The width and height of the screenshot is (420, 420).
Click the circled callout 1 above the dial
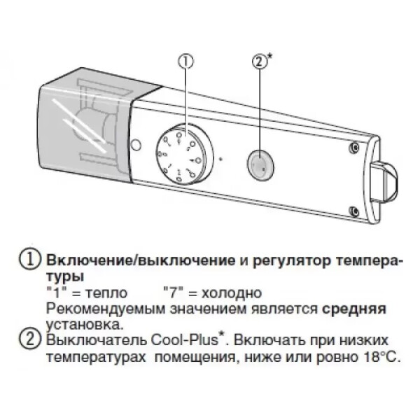tap(186, 62)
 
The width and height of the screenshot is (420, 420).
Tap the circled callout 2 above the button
tap(258, 62)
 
